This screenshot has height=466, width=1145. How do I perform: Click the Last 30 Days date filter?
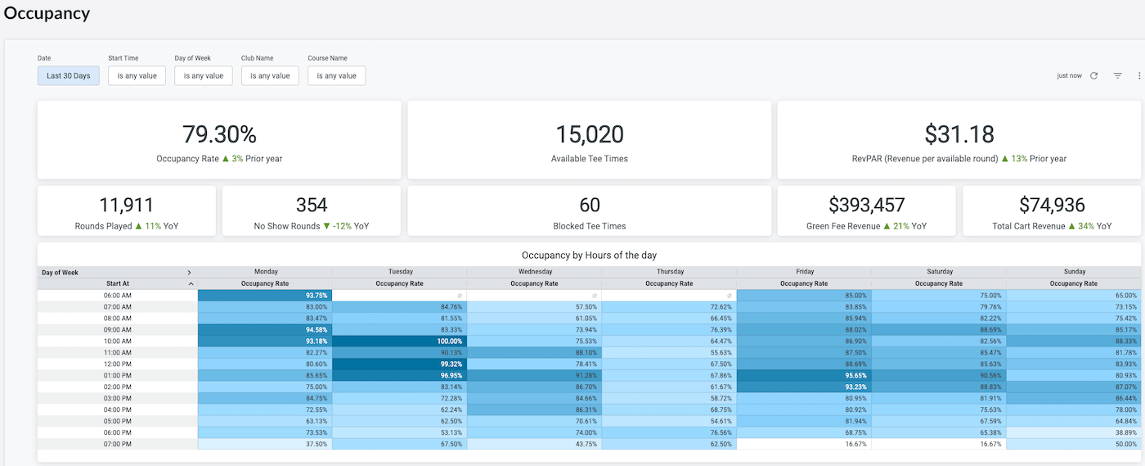[x=68, y=76]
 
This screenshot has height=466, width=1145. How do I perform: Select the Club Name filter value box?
[x=270, y=76]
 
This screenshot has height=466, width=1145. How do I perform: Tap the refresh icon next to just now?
[x=1094, y=76]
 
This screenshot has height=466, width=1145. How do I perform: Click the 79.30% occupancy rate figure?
[x=219, y=134]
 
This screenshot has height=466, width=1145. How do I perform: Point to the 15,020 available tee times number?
[x=590, y=134]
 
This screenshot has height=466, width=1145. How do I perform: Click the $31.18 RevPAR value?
[x=959, y=134]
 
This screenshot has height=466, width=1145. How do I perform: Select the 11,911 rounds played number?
[x=126, y=205]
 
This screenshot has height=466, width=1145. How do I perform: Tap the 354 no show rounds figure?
[x=312, y=205]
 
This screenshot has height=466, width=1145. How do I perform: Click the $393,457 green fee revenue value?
[x=866, y=205]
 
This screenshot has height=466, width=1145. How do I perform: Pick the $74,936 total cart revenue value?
[x=1052, y=205]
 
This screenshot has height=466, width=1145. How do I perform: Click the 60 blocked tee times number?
[x=590, y=205]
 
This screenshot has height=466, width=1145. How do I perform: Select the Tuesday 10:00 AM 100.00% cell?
[x=399, y=341]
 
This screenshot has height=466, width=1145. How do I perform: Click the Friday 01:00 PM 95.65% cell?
[x=804, y=375]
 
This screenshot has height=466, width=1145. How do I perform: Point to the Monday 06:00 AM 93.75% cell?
[x=265, y=296]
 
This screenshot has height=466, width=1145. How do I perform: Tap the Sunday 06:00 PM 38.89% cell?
[x=1073, y=432]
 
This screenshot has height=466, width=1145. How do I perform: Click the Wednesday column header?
[x=535, y=271]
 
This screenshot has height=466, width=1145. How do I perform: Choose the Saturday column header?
[x=940, y=271]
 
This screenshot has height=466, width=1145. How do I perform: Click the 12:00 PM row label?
[x=118, y=364]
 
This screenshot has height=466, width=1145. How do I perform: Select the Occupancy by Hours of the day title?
[x=589, y=255]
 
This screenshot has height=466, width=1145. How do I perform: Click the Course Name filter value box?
[x=336, y=76]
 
